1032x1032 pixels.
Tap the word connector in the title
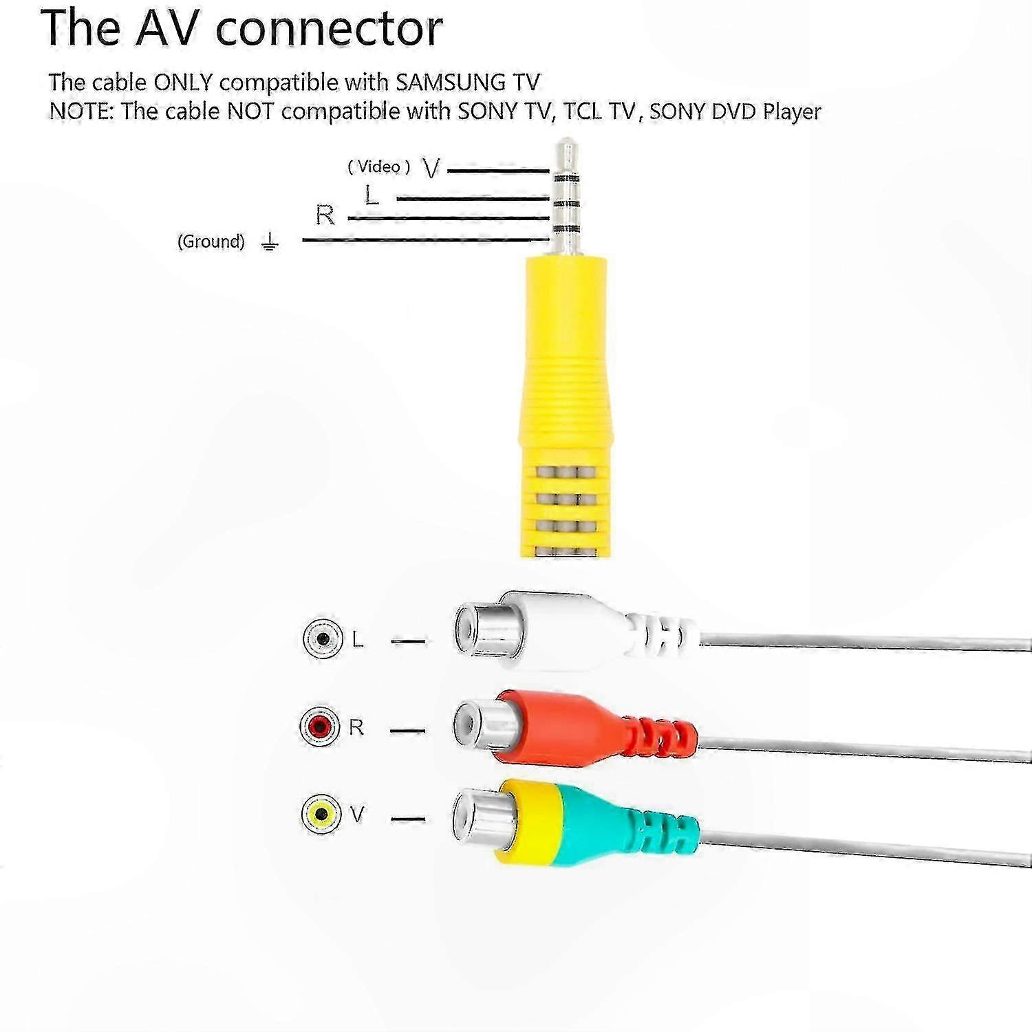(330, 28)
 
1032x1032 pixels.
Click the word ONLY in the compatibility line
(183, 83)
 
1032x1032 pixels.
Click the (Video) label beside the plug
(379, 166)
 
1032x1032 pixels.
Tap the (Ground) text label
(211, 241)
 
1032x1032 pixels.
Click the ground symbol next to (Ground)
(270, 241)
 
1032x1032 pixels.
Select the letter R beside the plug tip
(325, 215)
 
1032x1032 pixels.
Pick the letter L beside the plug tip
(372, 195)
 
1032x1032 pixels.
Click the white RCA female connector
(574, 631)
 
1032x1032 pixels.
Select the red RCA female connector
(574, 727)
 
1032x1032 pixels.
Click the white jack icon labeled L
(323, 638)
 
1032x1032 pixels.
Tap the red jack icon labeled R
(321, 726)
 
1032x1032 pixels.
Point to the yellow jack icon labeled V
(321, 815)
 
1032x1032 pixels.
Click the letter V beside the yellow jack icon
(357, 815)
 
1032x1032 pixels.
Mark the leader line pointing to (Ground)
(426, 240)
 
